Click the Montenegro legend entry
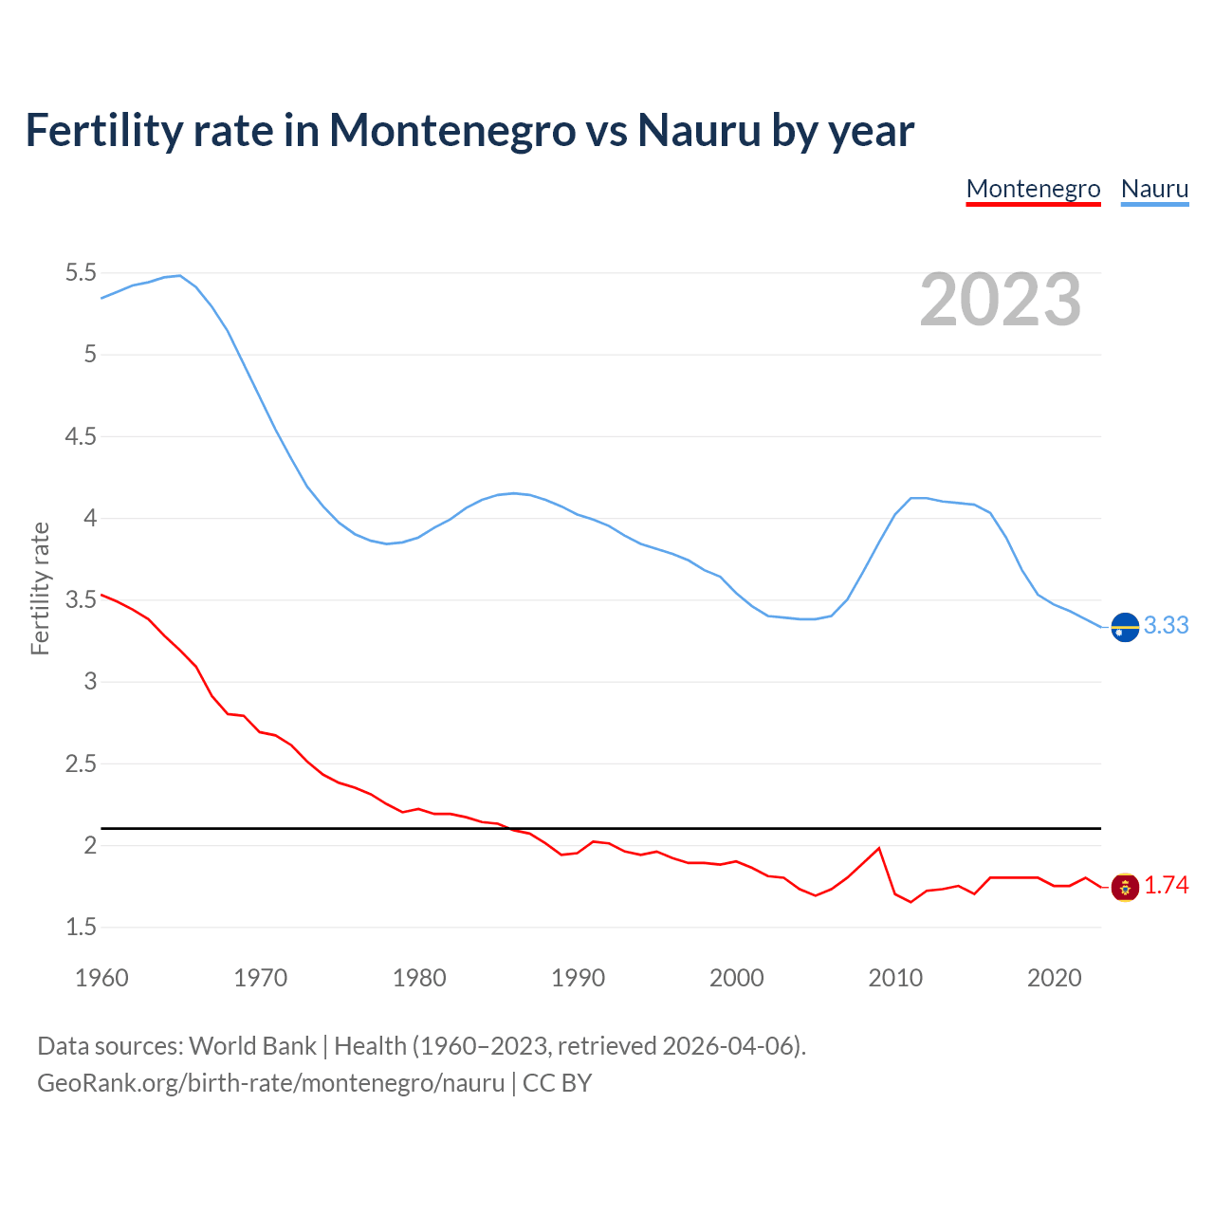click(1033, 189)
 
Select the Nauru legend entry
click(1154, 189)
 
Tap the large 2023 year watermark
click(1001, 300)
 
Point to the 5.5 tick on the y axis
click(81, 273)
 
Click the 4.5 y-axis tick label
click(81, 436)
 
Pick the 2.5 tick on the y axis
click(81, 763)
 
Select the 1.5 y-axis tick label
click(81, 927)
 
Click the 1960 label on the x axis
click(101, 978)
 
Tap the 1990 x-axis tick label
click(578, 978)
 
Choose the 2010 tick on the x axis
click(895, 978)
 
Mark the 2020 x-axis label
click(1054, 978)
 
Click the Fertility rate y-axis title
click(40, 588)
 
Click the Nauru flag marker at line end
click(1125, 627)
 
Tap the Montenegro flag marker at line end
click(1125, 887)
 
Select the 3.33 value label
click(1166, 626)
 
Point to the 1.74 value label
click(1166, 886)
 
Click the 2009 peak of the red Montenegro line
click(879, 848)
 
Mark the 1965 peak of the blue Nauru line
click(180, 276)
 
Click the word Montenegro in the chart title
click(451, 130)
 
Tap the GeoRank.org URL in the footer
click(270, 1083)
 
